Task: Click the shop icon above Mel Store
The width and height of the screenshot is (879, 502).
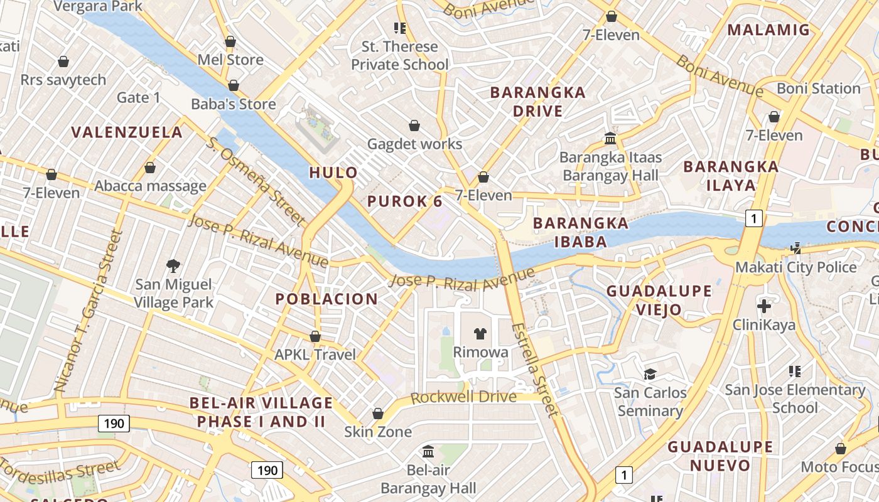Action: click(x=230, y=42)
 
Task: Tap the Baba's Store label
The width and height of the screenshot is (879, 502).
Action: click(x=233, y=104)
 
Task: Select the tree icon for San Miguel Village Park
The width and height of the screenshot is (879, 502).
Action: click(x=173, y=266)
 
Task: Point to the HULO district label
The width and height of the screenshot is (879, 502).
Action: click(x=333, y=173)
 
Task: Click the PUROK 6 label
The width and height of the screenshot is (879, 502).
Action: click(x=404, y=201)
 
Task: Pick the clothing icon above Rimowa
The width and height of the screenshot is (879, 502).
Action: click(x=480, y=333)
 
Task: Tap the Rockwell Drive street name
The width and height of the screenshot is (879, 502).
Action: click(x=463, y=397)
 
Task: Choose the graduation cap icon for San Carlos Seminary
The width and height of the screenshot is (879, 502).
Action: click(x=650, y=375)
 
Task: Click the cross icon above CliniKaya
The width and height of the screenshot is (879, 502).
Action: click(x=764, y=306)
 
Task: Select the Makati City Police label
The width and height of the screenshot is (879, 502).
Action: click(x=795, y=267)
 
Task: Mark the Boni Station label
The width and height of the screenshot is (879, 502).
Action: click(x=818, y=88)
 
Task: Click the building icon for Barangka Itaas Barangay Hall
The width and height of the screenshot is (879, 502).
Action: click(x=610, y=138)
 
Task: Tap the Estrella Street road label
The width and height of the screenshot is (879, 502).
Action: click(x=534, y=370)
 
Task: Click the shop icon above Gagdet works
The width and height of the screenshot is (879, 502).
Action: click(x=414, y=125)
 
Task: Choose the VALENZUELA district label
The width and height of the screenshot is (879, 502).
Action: click(x=127, y=132)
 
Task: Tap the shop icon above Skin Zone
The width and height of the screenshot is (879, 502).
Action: click(x=378, y=414)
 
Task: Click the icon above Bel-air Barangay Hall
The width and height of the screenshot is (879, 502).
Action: click(x=429, y=451)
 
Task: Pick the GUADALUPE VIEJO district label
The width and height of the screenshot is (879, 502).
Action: click(x=659, y=300)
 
